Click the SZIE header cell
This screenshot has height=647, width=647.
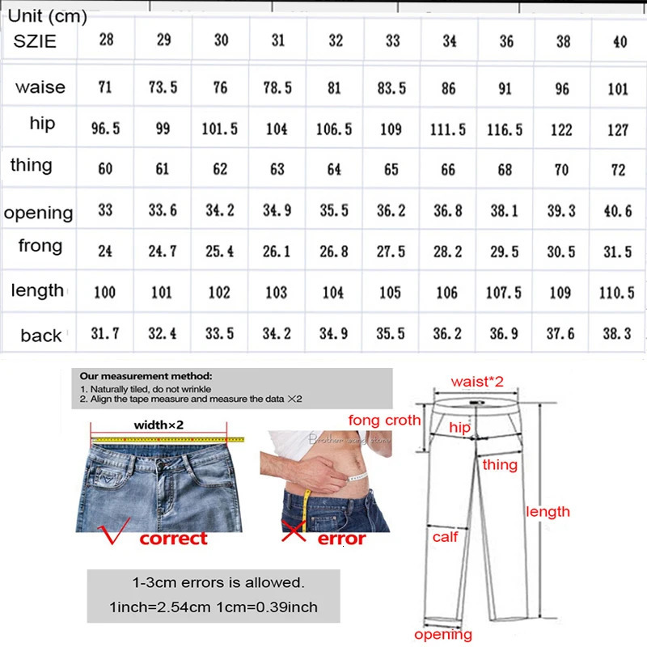point(35,41)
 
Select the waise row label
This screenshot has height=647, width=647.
point(40,87)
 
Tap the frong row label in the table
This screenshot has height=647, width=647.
point(40,245)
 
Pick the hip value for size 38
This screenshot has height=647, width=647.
point(561,129)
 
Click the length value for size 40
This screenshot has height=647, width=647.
point(618,292)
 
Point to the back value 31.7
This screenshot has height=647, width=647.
point(105,332)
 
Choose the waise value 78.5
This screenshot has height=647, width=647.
point(277,87)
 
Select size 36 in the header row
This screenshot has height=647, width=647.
point(506,40)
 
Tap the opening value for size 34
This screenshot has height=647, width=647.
point(447,210)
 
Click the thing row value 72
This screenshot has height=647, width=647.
point(618,170)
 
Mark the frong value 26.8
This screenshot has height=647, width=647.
point(333,252)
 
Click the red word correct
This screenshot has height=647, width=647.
point(173,538)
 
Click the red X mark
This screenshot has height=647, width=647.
point(293,534)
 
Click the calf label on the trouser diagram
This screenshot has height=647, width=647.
point(445,536)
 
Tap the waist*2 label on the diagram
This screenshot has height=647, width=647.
point(477,381)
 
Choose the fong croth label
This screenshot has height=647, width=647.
point(384,420)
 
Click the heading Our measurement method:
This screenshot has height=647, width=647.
point(146,376)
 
